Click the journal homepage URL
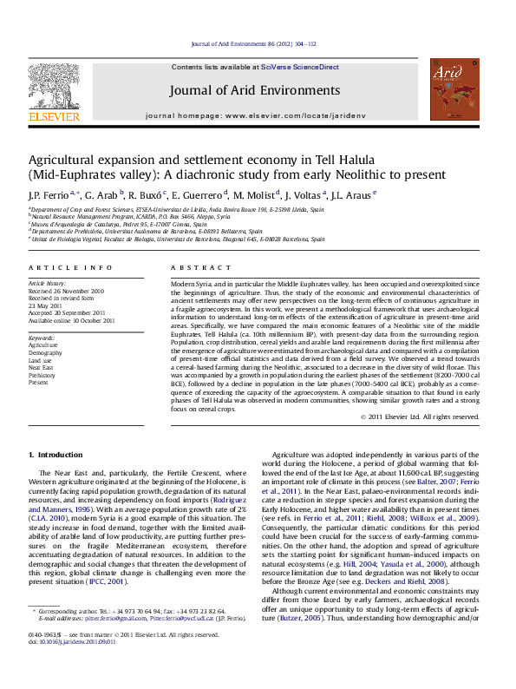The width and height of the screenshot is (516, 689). coord(302,115)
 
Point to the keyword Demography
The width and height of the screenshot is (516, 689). coord(45,353)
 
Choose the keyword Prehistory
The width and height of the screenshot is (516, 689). coord(42,374)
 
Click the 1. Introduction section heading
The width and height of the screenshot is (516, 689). coord(56,455)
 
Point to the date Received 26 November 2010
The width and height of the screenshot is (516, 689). coord(66,291)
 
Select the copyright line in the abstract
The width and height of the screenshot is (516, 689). coord(419,417)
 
